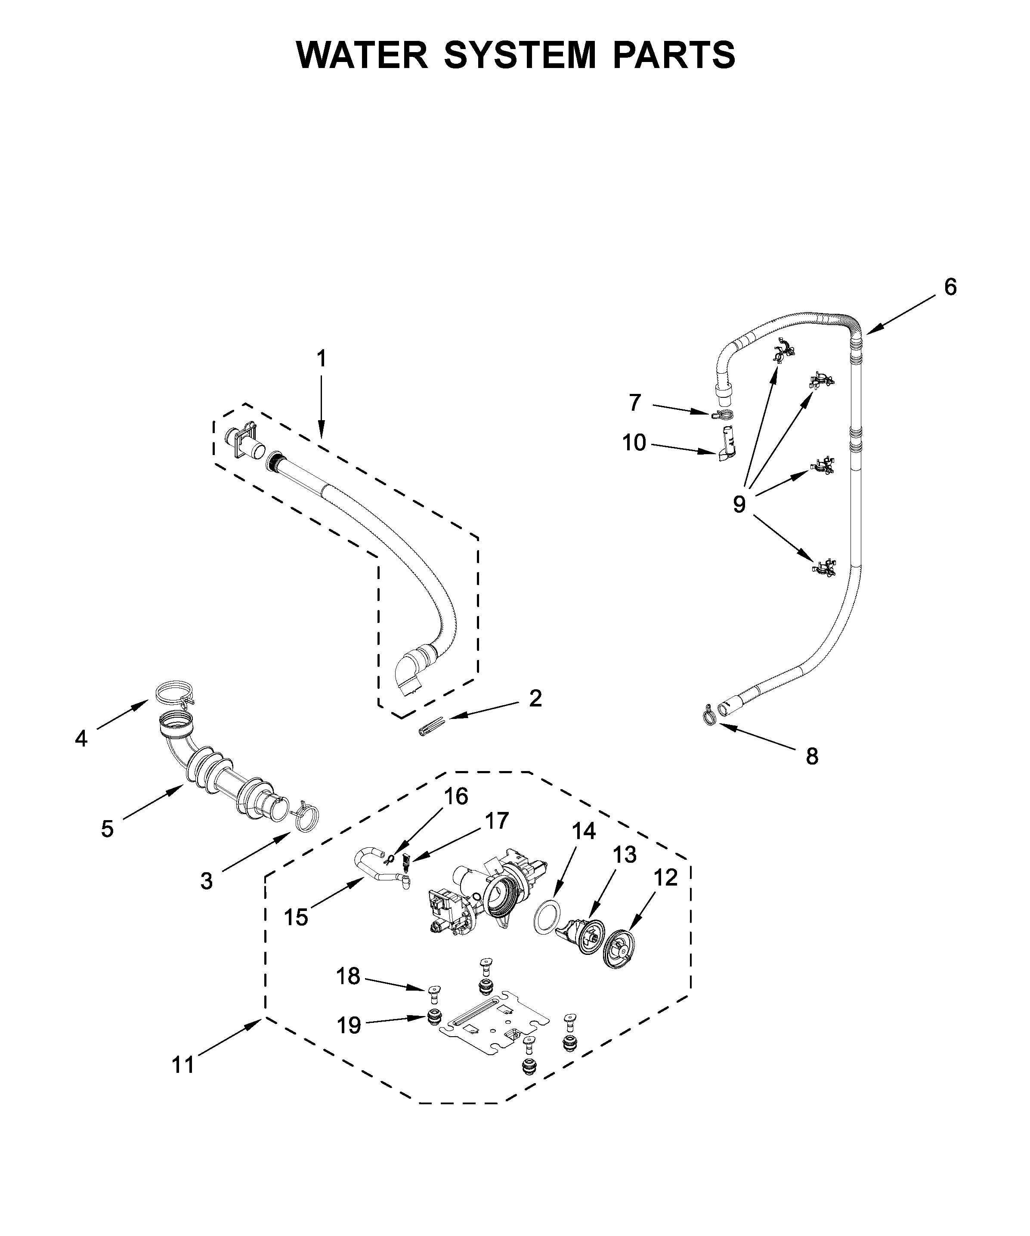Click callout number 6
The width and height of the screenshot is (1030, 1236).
pyautogui.click(x=950, y=287)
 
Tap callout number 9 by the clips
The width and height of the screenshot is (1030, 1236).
pyautogui.click(x=739, y=505)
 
